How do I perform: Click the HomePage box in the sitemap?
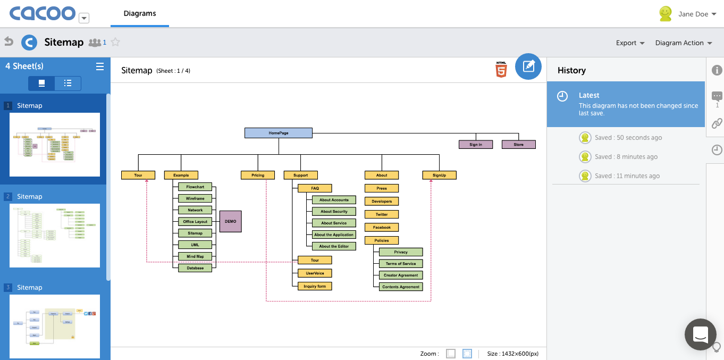(x=279, y=133)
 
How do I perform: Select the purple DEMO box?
(x=231, y=221)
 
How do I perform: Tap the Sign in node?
(x=476, y=145)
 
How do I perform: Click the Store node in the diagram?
(x=518, y=145)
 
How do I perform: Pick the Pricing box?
(x=258, y=175)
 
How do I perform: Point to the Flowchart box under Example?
(x=195, y=187)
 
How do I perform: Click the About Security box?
(x=334, y=212)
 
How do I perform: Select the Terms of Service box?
(x=401, y=264)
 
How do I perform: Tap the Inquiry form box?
(x=315, y=286)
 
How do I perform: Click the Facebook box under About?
(x=382, y=228)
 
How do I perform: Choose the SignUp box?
(x=439, y=175)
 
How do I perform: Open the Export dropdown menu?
(x=630, y=43)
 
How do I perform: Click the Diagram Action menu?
(x=683, y=43)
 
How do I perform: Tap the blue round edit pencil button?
(x=528, y=66)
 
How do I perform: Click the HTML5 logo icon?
(x=501, y=70)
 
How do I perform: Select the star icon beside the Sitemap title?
(x=115, y=43)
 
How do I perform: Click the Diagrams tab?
(x=140, y=14)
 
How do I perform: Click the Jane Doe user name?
(x=693, y=14)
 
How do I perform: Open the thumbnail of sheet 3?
(x=55, y=326)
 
